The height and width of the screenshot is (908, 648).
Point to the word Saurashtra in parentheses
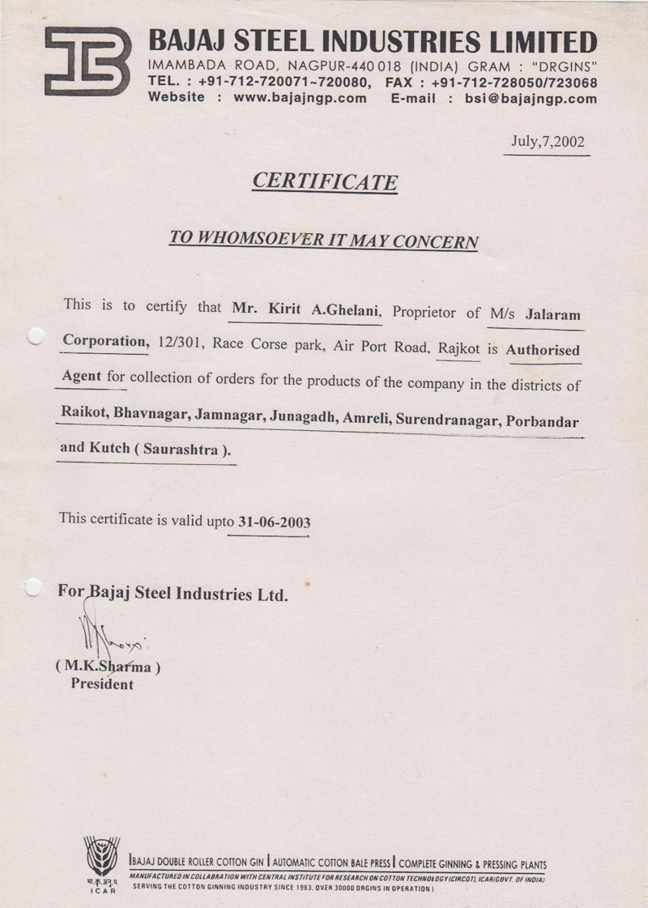[x=181, y=450]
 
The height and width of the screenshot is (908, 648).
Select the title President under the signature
[x=102, y=684]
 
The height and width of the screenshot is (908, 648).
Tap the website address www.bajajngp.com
[x=300, y=98]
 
